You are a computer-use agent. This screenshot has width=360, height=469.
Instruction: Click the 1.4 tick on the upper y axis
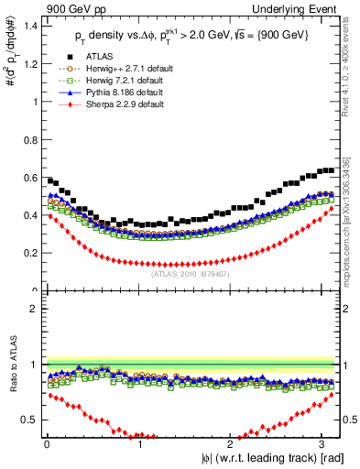(29, 26)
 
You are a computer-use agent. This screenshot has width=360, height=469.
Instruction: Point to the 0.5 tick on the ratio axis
(29, 420)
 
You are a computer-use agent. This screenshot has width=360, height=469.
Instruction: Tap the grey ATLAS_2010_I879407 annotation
(191, 273)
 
